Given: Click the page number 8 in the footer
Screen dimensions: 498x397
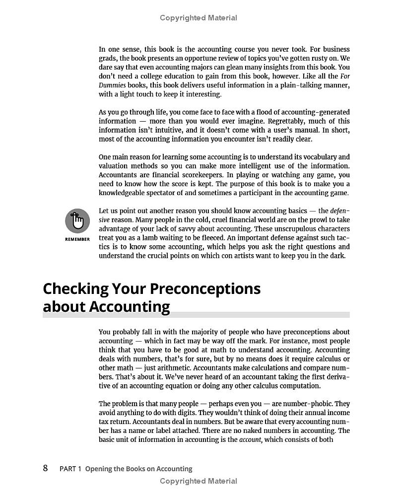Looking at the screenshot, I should tap(46, 468).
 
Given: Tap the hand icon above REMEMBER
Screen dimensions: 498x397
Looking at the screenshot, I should tap(77, 220).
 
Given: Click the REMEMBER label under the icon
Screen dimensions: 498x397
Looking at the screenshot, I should tap(77, 239).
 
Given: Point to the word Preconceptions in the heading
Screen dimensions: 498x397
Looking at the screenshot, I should tap(205, 288).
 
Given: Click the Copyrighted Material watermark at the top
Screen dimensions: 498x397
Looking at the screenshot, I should tap(198, 18).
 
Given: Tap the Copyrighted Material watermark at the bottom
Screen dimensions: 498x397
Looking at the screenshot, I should tap(198, 481).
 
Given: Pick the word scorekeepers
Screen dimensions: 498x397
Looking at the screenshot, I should tap(188, 175).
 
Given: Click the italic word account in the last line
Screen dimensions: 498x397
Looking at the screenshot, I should tap(251, 439).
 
